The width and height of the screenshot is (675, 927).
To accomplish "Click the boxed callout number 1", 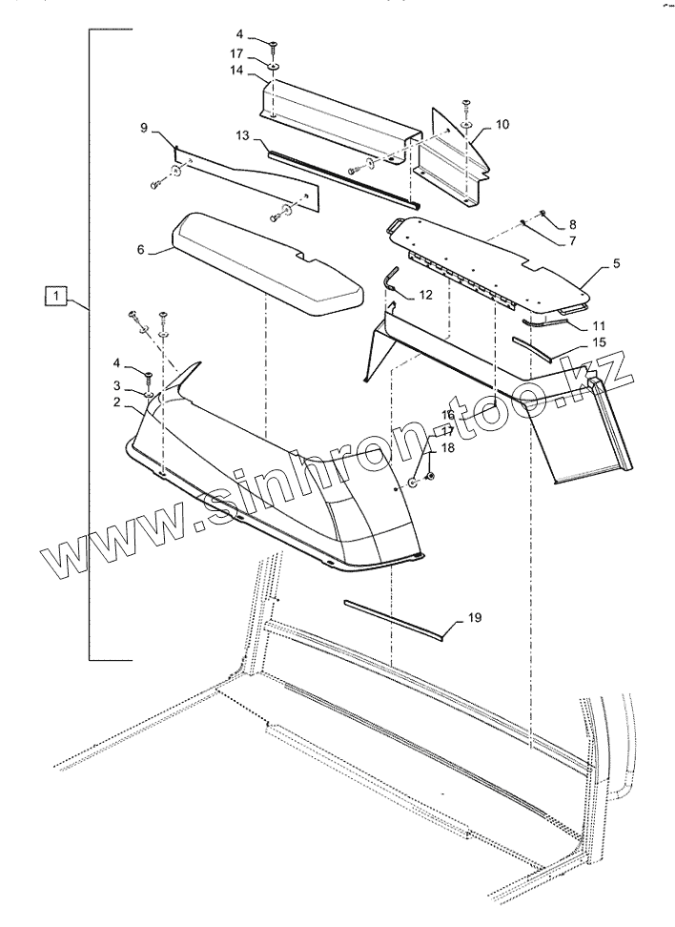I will click(x=57, y=296).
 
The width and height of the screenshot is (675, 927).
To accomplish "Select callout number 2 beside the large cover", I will click(x=116, y=402).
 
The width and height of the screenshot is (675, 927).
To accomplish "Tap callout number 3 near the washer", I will click(x=116, y=385).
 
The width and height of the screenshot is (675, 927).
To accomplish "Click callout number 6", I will click(x=140, y=250).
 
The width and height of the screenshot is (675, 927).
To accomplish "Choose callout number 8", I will click(x=573, y=224).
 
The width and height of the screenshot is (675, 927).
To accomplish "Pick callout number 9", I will click(x=144, y=127).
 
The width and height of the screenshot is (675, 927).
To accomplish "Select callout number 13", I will click(x=243, y=137).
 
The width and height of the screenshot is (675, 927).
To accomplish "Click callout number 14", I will click(x=235, y=71).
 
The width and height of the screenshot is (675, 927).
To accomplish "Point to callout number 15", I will click(x=599, y=340).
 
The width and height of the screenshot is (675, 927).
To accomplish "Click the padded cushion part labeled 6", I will click(x=267, y=262).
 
